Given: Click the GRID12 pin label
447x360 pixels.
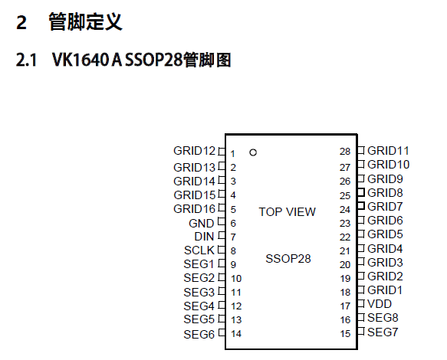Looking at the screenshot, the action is [x=194, y=151].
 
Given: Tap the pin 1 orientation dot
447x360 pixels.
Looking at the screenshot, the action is [x=253, y=152].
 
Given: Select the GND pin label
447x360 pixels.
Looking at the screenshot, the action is [x=201, y=224].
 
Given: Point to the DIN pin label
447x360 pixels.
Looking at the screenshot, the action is [x=204, y=237].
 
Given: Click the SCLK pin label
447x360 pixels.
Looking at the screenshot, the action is [x=199, y=250].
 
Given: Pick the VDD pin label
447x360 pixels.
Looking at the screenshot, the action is [x=380, y=304].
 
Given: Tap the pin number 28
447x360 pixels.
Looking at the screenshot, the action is [x=345, y=152].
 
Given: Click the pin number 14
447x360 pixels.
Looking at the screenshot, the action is [x=236, y=333].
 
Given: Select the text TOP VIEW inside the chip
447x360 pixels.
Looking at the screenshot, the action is [x=287, y=212].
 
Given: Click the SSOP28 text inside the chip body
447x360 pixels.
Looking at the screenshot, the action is [x=288, y=259].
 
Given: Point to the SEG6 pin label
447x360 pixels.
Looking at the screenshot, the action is [x=199, y=335].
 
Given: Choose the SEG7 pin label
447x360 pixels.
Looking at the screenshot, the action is [x=383, y=332].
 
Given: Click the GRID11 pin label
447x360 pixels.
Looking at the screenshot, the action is [x=388, y=151].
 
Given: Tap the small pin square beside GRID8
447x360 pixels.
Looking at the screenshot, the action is [x=361, y=192].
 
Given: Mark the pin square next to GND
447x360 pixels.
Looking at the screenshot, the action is [x=222, y=221].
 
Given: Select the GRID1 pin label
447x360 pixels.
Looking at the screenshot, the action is [x=385, y=290].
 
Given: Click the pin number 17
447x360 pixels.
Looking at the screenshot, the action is [x=345, y=306].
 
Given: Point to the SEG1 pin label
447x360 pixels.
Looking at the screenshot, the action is [x=199, y=264].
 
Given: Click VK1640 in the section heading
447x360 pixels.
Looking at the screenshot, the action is [x=81, y=60].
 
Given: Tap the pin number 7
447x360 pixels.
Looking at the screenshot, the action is [x=233, y=237].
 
